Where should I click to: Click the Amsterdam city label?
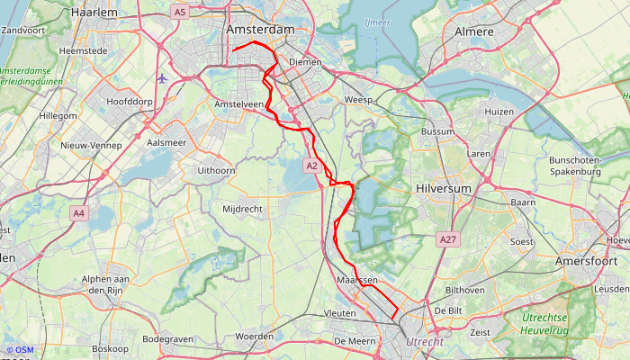tap(261, 30)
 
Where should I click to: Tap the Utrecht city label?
tap(424, 342)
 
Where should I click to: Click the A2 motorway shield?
tap(311, 166)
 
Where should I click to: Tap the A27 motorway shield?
tap(447, 239)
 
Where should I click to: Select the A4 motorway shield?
tap(79, 213)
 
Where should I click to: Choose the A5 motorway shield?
tap(179, 12)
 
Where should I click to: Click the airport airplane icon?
tap(162, 77)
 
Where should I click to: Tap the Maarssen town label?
tap(356, 281)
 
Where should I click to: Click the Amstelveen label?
tap(239, 104)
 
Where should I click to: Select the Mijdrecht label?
tap(244, 209)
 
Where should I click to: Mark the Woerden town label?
tap(254, 336)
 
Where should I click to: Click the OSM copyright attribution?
tap(20, 350)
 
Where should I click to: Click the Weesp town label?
tap(357, 99)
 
